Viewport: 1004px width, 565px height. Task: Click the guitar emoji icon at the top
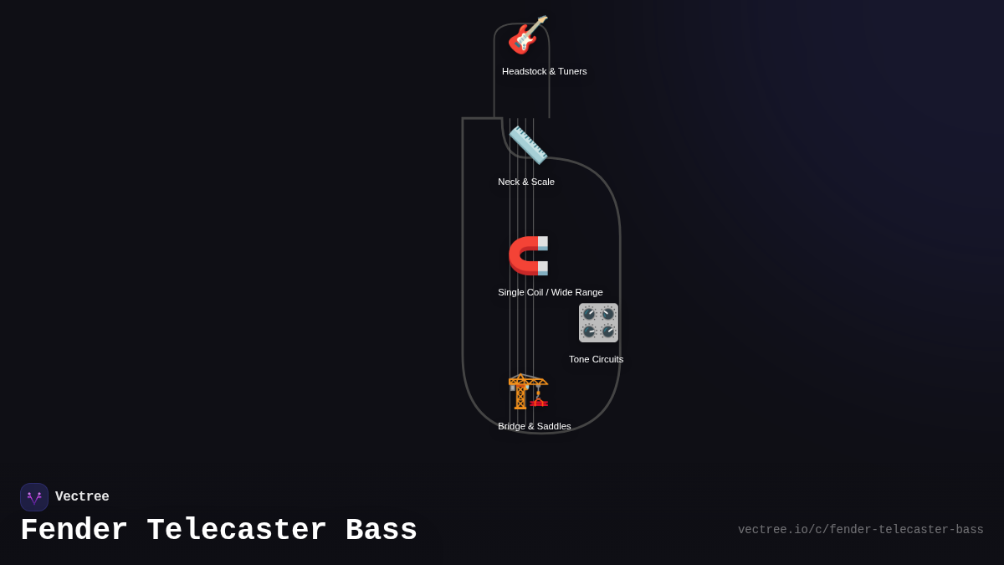pos(528,35)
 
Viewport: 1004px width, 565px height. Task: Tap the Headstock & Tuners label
pos(544,71)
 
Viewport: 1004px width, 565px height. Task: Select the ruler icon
pos(528,145)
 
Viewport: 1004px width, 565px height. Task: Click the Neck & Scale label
pos(525,182)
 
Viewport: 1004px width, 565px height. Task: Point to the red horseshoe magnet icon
pos(528,255)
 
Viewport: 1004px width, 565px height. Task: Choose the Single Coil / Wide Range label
pos(550,292)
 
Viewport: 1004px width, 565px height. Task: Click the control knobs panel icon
pos(598,322)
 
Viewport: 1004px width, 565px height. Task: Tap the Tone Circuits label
pos(596,359)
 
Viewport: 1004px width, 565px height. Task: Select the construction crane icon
pos(528,390)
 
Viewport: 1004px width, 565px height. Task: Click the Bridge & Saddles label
pos(534,426)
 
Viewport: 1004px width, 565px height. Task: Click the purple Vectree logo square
pos(34,497)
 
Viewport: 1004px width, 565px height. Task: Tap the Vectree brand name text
pos(82,497)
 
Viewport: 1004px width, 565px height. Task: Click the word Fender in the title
pos(74,531)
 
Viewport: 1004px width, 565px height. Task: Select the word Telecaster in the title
pos(237,531)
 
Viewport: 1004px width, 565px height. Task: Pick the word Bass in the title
pos(382,531)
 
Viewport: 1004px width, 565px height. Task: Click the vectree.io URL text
pos(860,530)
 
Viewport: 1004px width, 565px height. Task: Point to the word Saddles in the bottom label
pos(553,426)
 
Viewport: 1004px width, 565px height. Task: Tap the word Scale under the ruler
pos(541,182)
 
